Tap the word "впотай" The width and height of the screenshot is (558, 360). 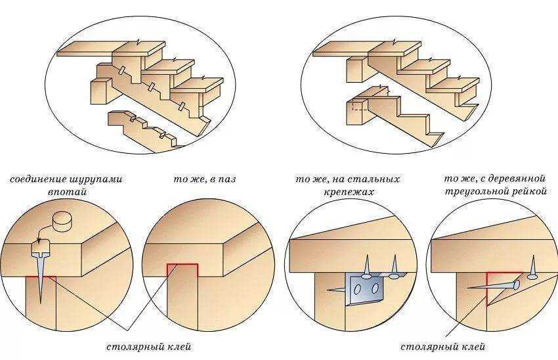click(67, 192)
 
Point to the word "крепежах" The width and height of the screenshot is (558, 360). click(349, 192)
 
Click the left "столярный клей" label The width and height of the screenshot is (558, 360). click(149, 346)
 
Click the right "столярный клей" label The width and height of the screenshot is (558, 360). click(442, 346)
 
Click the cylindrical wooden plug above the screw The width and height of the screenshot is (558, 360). click(62, 222)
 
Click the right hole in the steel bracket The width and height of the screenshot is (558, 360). click(374, 288)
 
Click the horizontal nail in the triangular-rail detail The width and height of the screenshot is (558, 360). click(493, 286)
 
